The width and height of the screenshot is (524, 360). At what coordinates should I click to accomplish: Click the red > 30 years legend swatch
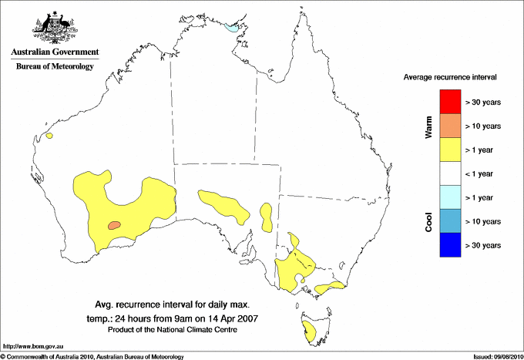451,101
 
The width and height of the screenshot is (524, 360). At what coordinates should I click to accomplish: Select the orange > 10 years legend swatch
451,125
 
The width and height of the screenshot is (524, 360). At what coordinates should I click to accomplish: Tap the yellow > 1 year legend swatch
451,149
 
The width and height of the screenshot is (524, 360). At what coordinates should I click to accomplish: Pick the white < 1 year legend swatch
451,173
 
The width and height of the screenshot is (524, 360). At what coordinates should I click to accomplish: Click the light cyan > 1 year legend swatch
451,197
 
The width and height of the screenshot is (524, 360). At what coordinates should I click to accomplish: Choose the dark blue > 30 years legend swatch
451,245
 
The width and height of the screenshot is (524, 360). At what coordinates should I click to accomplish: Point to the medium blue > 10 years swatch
451,221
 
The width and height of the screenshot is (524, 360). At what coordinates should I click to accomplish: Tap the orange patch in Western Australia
114,225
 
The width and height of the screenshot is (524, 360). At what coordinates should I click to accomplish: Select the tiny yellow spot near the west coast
49,136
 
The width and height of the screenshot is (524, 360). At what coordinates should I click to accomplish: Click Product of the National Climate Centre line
173,330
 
